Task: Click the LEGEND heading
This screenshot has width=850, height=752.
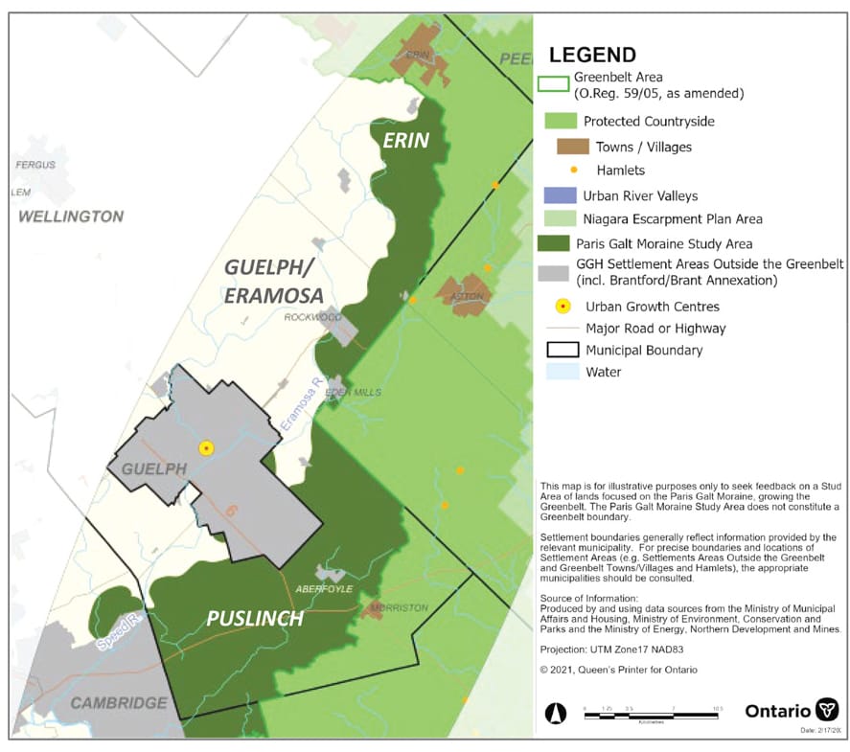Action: [x=591, y=55]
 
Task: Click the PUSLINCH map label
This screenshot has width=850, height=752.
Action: [x=255, y=619]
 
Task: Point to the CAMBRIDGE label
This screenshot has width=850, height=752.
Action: [x=119, y=703]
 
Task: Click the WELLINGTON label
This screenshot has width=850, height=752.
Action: [x=71, y=216]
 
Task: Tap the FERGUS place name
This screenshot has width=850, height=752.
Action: [x=34, y=166]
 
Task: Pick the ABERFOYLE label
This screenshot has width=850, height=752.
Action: [x=325, y=588]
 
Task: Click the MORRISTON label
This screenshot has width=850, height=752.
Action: [x=400, y=608]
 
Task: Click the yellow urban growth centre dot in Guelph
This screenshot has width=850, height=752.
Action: [x=205, y=447]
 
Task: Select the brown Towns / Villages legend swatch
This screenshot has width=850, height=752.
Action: [x=573, y=147]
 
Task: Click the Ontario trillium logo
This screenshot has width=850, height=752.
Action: [x=826, y=710]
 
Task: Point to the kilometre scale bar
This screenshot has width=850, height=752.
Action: [x=645, y=710]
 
